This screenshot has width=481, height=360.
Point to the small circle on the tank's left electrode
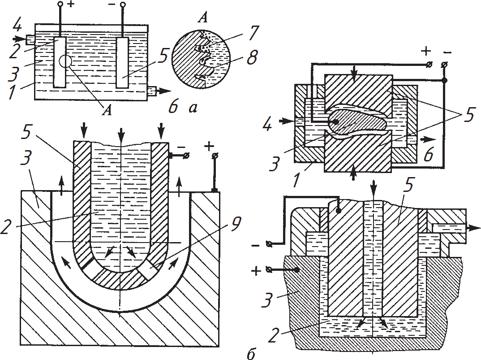pyautogui.click(x=65, y=61)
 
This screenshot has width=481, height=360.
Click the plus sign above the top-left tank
pyautogui.click(x=71, y=5)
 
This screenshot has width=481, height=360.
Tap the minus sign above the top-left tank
pyautogui.click(x=112, y=5)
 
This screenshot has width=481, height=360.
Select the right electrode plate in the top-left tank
pyautogui.click(x=122, y=62)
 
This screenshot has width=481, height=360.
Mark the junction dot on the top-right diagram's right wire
pyautogui.click(x=444, y=81)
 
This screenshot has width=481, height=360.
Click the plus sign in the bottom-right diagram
pyautogui.click(x=257, y=271)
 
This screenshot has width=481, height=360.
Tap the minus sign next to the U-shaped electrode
pyautogui.click(x=180, y=147)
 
